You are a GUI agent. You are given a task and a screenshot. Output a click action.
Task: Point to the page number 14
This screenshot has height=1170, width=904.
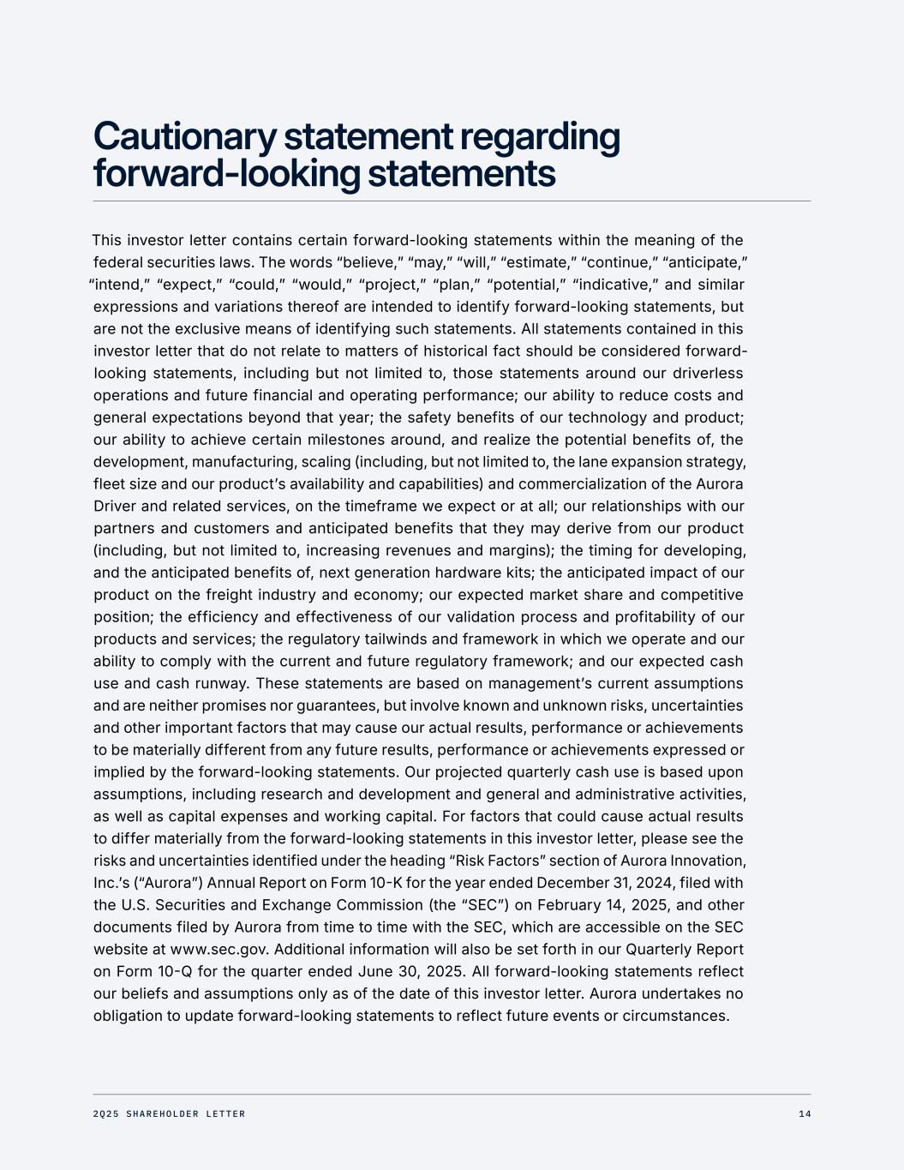click(804, 1114)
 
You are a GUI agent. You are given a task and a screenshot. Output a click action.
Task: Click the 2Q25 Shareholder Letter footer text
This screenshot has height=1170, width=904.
click(169, 1114)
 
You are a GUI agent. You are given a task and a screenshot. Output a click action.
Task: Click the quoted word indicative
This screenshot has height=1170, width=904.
click(614, 285)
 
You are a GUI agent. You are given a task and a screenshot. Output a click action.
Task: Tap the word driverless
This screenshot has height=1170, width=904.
click(708, 374)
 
